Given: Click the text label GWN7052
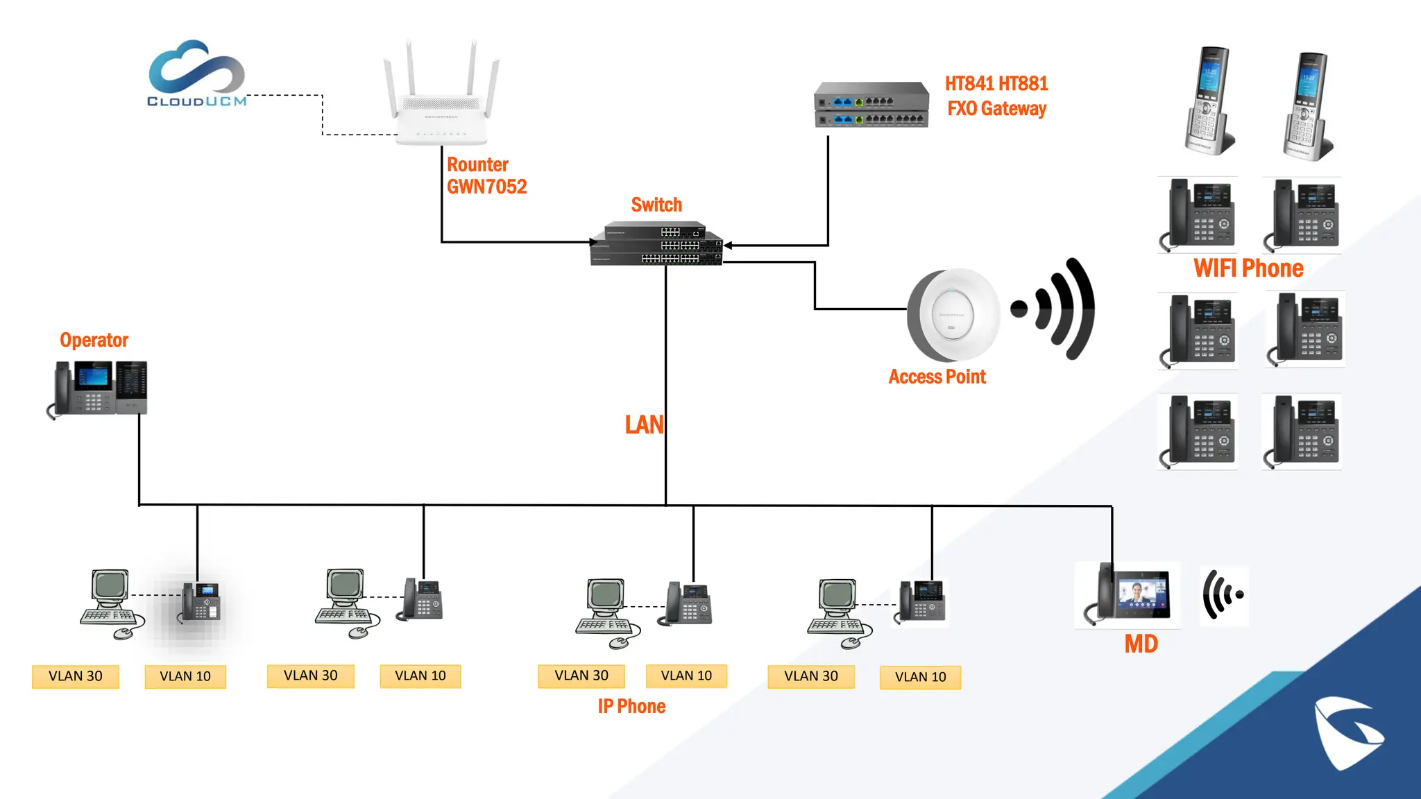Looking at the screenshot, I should click(x=486, y=187).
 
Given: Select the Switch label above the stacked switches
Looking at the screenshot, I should click(x=656, y=205).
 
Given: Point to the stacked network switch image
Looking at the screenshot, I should click(x=656, y=244).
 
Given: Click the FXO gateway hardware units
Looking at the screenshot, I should click(x=871, y=105).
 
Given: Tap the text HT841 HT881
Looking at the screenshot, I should click(x=996, y=84).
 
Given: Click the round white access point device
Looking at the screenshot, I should click(x=953, y=315).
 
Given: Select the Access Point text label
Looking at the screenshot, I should click(x=937, y=377).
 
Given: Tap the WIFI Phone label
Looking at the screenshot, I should click(x=1248, y=268).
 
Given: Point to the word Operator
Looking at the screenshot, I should click(x=94, y=340).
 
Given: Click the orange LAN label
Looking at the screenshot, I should click(x=643, y=424).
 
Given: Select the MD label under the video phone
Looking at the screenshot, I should click(x=1141, y=644).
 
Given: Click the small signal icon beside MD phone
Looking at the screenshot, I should click(x=1223, y=595).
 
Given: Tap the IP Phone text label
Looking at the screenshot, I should click(x=631, y=706).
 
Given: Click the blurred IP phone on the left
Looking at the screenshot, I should click(x=200, y=603).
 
